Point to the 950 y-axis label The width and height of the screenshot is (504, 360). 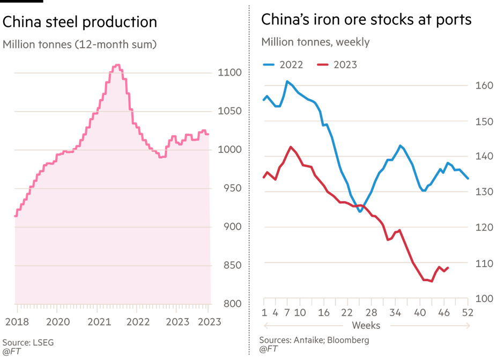[x=227, y=189]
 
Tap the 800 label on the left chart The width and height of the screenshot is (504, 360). [x=227, y=304]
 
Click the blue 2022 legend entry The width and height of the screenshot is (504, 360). [x=283, y=65]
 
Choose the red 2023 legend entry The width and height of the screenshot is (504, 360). [x=337, y=65]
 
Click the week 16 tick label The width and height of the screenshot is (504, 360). [x=323, y=313]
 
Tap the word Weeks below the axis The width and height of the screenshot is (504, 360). [x=366, y=326]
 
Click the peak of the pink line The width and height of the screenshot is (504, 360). [x=117, y=65]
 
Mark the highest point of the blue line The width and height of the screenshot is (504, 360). [x=287, y=82]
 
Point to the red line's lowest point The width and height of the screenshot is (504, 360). [x=431, y=281]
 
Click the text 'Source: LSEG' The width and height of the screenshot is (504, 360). [x=28, y=342]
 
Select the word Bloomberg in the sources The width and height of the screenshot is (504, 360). [x=349, y=340]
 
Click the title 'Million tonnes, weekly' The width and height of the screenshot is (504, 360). [x=315, y=42]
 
